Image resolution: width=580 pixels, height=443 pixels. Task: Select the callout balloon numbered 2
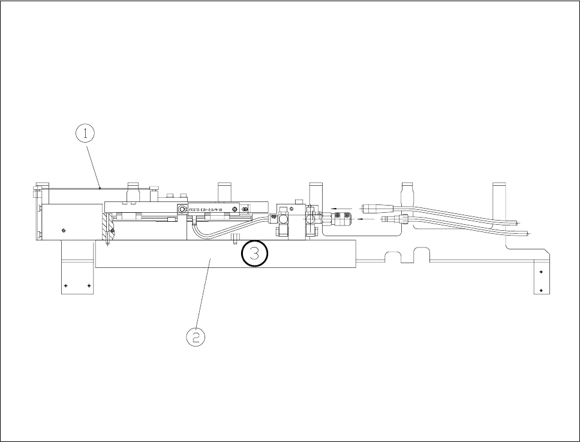pos(195,337)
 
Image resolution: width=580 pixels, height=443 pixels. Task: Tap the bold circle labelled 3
pos(254,254)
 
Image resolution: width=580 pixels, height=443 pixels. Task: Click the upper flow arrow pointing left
pos(344,210)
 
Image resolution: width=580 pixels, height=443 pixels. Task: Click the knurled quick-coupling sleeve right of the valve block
pos(339,219)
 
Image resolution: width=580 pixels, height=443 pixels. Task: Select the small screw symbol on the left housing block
pos(64,229)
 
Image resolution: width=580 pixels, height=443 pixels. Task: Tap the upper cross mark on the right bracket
pos(542,272)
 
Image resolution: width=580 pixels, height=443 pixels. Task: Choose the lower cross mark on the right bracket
pos(542,290)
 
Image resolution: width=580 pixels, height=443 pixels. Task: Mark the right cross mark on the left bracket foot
pos(89,285)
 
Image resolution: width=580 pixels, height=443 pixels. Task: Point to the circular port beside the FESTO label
pos(181,209)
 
